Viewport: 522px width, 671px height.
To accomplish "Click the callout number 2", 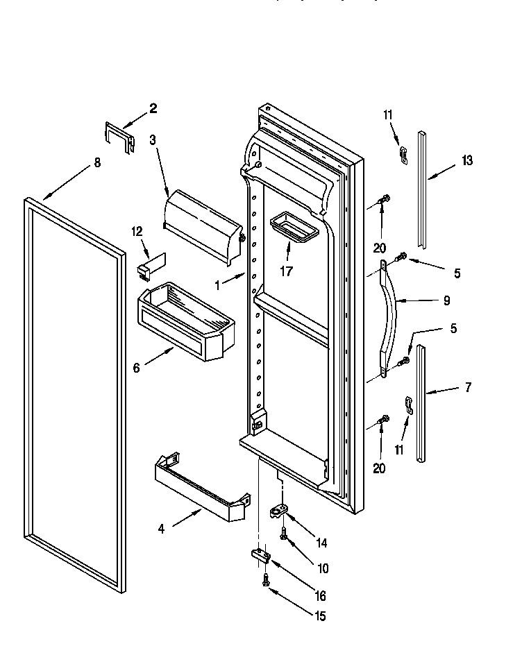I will pos(153,108).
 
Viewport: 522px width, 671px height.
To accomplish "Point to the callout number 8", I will pos(96,162).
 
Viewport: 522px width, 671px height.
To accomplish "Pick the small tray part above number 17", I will pos(292,227).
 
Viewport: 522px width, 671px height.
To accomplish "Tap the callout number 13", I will pos(466,160).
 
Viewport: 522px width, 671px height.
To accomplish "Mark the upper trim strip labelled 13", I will pos(421,187).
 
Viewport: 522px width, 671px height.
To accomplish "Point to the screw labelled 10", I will pos(284,535).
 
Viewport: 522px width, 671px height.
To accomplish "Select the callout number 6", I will pos(136,368).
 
